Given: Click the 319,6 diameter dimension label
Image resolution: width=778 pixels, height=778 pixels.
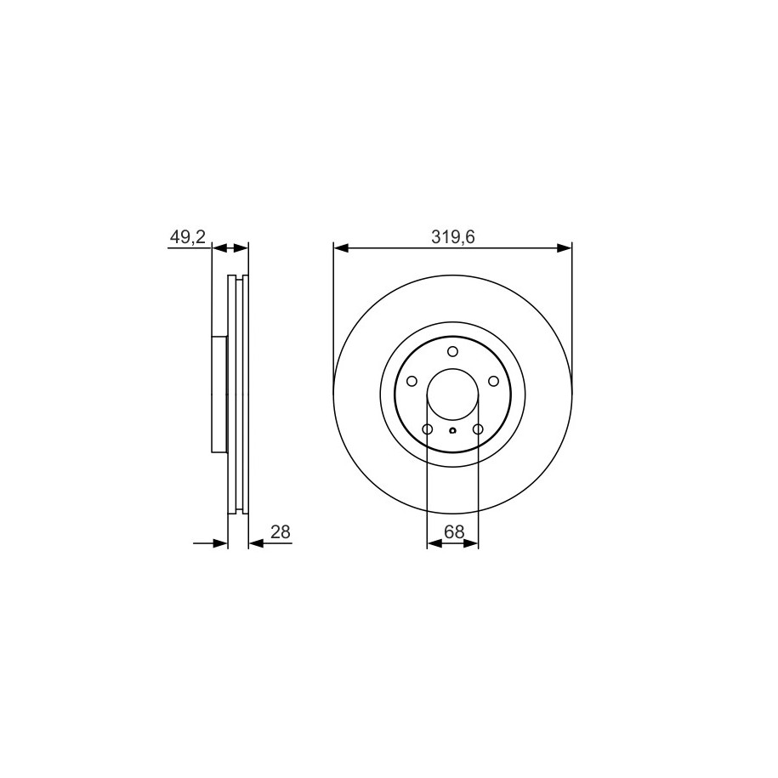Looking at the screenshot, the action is pos(452,238).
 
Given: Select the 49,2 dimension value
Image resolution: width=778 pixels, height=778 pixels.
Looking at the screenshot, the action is pos(188,237).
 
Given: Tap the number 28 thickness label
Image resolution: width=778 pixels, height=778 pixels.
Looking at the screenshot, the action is pos(281,532).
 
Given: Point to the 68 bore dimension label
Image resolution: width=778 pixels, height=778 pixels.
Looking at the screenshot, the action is pos(454,532).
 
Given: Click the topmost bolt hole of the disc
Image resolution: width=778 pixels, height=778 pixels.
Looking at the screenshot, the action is pos(452,351).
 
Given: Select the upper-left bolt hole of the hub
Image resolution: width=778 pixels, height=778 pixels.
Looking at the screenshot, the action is pos(412,381).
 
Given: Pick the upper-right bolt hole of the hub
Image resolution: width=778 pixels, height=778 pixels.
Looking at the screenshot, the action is pos(493,381).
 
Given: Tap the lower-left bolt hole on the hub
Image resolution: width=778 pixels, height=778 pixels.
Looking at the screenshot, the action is pos(427,429).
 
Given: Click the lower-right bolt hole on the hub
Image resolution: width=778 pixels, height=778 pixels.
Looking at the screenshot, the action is pos(478,429).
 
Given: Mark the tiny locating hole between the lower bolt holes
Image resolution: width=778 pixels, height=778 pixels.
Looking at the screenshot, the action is pos(452,430).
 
